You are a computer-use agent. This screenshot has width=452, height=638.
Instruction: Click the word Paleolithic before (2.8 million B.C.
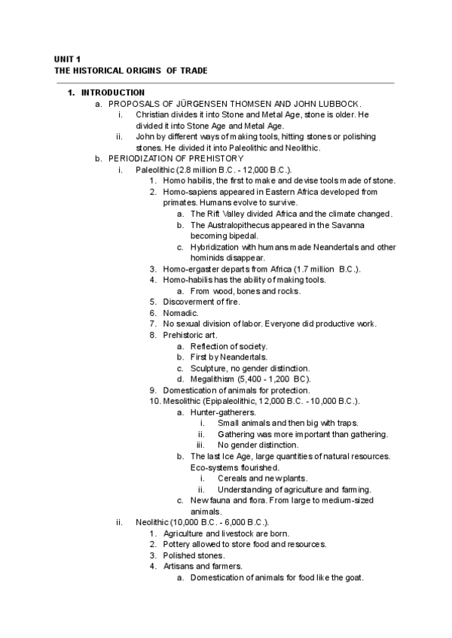click(x=155, y=169)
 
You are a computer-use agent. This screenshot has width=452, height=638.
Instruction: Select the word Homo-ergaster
click(x=190, y=269)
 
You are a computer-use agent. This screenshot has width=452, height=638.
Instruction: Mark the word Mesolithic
click(x=186, y=401)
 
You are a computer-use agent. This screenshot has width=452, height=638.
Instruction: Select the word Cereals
click(x=234, y=478)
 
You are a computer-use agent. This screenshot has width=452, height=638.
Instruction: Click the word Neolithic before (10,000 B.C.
click(x=154, y=522)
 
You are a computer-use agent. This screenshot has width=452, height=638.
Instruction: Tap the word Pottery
click(x=177, y=544)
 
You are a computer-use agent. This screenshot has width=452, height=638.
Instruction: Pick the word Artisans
click(x=179, y=566)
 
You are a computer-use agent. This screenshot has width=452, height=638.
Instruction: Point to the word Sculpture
click(x=210, y=368)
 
